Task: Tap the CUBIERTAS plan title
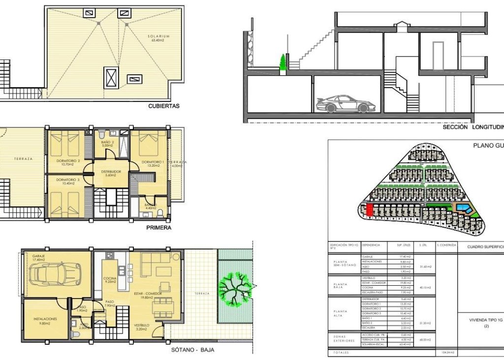164,106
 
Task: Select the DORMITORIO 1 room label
153,162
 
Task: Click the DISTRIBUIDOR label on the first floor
111,172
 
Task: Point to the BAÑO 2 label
108,143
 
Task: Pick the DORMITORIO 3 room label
68,180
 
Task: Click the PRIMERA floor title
159,228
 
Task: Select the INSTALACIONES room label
45,319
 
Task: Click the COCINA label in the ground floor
109,279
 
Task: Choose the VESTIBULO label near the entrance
142,326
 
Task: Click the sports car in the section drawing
344,103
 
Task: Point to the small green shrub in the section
283,63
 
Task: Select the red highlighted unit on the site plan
370,210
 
